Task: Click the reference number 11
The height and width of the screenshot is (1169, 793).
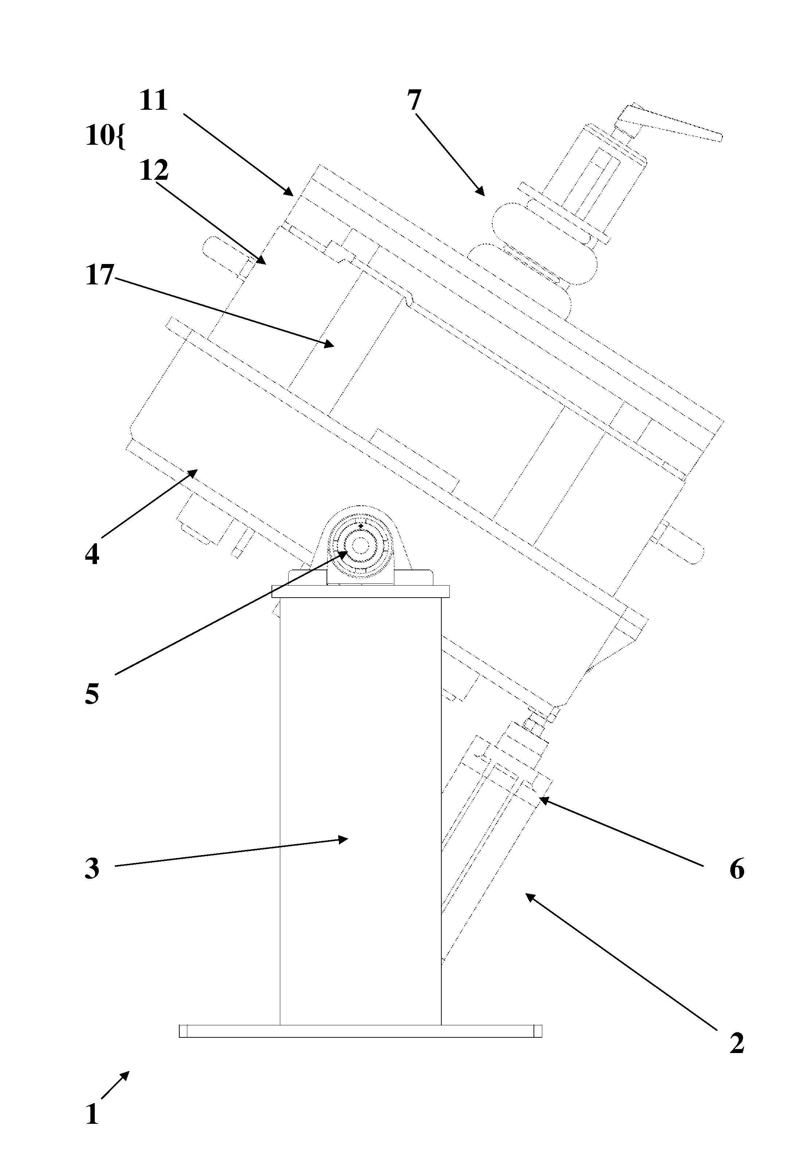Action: click(153, 101)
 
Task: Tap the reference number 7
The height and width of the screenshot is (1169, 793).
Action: click(413, 101)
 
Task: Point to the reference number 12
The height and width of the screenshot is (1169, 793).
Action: click(153, 171)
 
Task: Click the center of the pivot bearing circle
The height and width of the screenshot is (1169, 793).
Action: click(360, 544)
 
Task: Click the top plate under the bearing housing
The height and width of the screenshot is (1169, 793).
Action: click(360, 591)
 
